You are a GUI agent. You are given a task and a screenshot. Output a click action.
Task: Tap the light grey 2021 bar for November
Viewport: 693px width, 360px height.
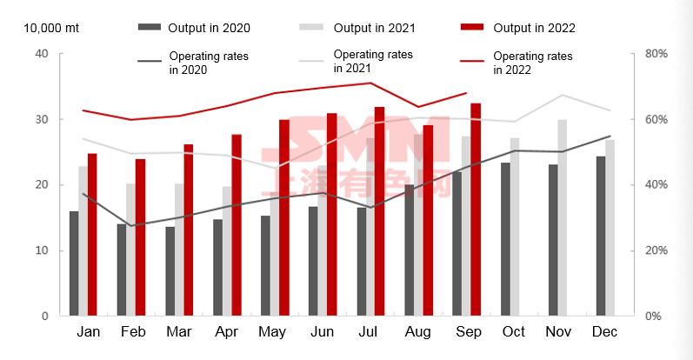tap(563, 217)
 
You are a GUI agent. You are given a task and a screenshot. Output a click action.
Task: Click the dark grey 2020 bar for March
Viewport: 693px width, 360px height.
tap(170, 271)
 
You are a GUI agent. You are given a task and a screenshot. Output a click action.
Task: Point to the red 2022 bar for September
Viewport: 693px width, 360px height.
tap(476, 210)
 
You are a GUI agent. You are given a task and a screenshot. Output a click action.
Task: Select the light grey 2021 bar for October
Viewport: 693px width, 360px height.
tap(515, 226)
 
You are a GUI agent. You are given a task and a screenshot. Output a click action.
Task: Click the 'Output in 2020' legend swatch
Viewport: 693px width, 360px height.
tap(153, 28)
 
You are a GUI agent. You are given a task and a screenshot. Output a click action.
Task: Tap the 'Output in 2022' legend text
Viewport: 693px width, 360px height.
tap(534, 28)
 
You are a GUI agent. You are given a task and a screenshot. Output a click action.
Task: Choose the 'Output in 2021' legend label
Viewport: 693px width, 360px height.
tap(376, 28)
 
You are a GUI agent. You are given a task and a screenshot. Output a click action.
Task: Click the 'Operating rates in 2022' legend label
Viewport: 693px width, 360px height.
tap(532, 63)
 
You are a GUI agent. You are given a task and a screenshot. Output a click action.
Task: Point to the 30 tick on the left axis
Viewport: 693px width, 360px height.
tap(41, 119)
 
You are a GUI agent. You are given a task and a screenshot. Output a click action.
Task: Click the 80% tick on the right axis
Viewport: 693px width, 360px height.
tap(656, 54)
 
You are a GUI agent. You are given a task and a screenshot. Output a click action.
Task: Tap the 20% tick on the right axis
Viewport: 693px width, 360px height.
tap(656, 250)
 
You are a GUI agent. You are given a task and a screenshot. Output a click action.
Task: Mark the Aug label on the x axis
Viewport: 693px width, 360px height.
tap(418, 332)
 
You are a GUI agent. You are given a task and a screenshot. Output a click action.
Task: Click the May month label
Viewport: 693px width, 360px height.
tap(274, 332)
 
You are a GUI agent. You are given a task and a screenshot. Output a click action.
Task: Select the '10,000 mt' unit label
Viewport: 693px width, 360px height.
tap(50, 28)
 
